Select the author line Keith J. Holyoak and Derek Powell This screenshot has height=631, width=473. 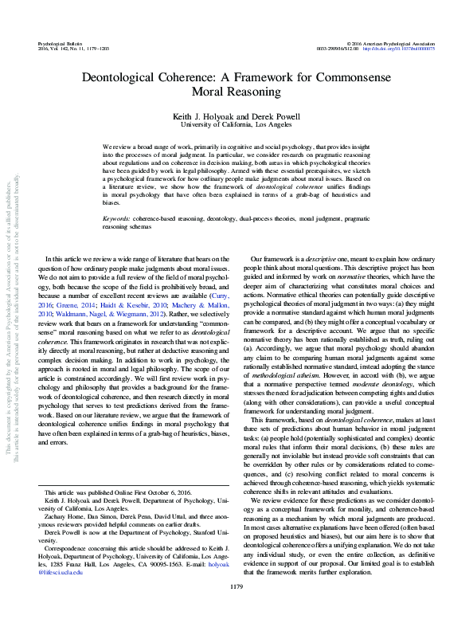[236, 116]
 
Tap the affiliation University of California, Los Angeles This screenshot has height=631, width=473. [236, 125]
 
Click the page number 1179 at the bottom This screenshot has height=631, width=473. [236, 609]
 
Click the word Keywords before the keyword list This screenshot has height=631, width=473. [117, 195]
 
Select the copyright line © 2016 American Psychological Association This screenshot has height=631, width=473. [390, 40]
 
